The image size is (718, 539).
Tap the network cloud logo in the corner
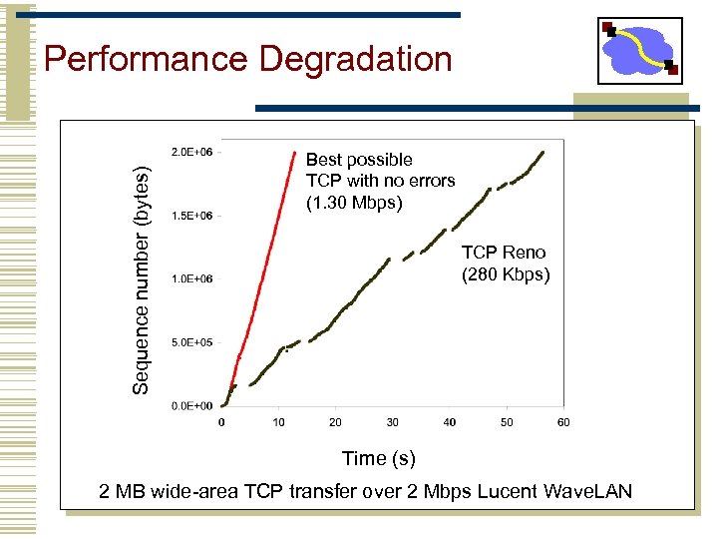click(x=639, y=50)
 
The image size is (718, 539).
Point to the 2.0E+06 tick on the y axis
click(x=191, y=152)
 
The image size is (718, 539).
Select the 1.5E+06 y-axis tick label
click(x=191, y=216)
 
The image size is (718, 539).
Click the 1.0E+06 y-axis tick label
click(x=191, y=279)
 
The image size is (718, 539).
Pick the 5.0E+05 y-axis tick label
click(x=191, y=342)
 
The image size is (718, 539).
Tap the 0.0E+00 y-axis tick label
click(x=191, y=406)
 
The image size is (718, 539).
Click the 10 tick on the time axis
click(x=279, y=422)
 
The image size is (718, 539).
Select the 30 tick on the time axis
click(x=393, y=422)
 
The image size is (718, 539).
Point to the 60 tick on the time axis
click(x=563, y=422)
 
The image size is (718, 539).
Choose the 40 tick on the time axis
click(x=450, y=422)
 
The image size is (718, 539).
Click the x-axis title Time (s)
click(x=378, y=458)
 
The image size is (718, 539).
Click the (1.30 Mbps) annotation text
click(x=354, y=203)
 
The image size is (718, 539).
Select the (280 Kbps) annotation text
click(x=505, y=273)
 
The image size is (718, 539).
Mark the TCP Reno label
click(x=504, y=253)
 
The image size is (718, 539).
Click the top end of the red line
click(x=296, y=152)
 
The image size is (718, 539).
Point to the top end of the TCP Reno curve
click(x=541, y=153)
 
